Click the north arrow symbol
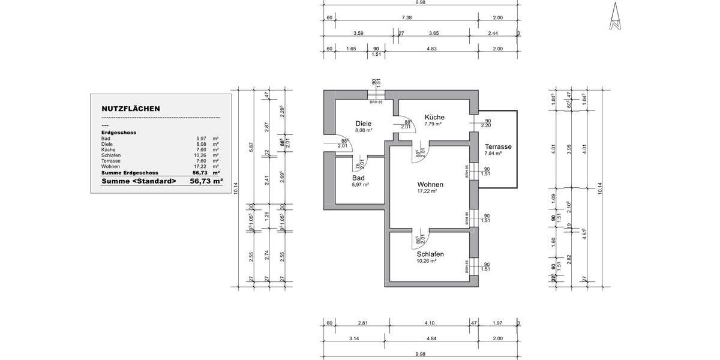click(x=614, y=16)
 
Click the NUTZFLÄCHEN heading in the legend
click(x=130, y=109)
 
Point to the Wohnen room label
click(x=431, y=184)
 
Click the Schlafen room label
click(x=430, y=254)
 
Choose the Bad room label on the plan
click(x=359, y=178)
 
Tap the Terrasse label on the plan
click(x=498, y=146)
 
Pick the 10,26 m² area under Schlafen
click(x=426, y=261)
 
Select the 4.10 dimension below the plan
click(x=429, y=323)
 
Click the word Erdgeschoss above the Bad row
click(x=119, y=133)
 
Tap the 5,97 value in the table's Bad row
click(x=201, y=139)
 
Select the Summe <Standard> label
click(x=139, y=181)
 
